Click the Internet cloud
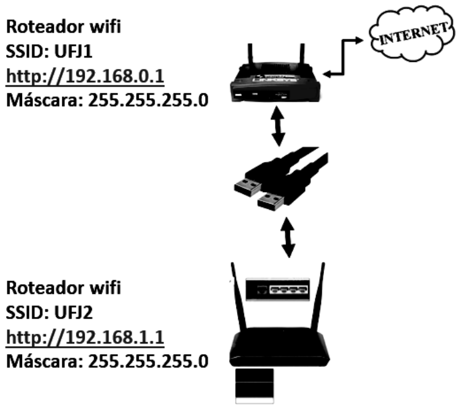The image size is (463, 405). [412, 33]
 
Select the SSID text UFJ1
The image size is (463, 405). [73, 52]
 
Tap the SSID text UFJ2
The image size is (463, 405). [73, 312]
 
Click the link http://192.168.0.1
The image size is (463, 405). [85, 76]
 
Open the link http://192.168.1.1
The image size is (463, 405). [85, 337]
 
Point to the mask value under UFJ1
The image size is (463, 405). [148, 101]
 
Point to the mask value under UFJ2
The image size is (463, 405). [148, 361]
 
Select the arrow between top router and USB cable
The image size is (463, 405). [278, 126]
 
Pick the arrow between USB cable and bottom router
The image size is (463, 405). [288, 237]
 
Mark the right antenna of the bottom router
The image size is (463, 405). [318, 296]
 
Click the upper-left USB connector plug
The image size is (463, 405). [247, 188]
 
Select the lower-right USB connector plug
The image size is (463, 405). [271, 201]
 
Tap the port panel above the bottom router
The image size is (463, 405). [277, 289]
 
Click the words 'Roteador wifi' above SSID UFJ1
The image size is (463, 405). [64, 26]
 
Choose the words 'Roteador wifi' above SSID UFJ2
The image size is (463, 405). [64, 288]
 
